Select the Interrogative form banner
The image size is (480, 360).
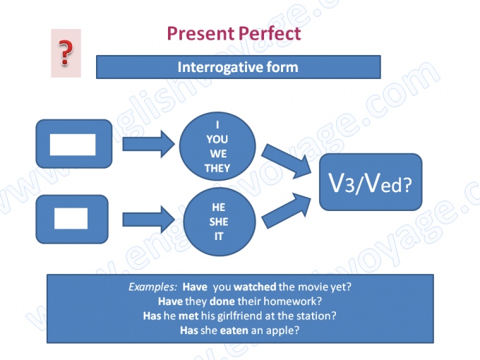click(238, 68)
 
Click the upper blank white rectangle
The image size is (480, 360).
click(72, 144)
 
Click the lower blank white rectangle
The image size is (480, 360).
click(71, 217)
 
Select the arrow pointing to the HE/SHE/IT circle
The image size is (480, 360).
click(148, 217)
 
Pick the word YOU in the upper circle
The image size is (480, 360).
click(217, 140)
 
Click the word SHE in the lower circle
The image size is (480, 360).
click(219, 222)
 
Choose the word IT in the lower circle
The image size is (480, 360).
click(219, 236)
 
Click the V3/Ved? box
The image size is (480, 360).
click(371, 182)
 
